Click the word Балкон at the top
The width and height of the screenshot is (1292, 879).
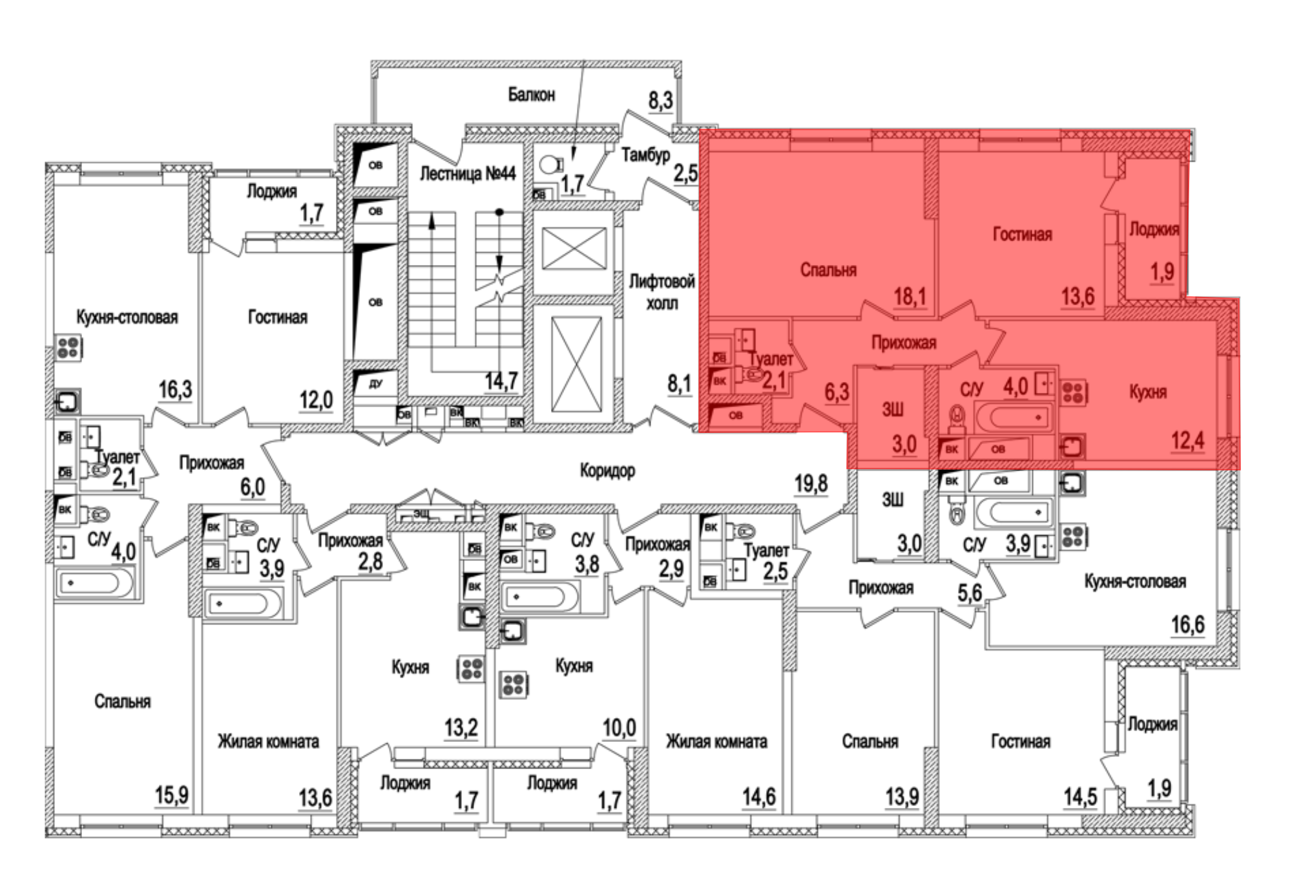tap(531, 95)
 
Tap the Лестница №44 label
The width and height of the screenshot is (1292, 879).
tap(468, 173)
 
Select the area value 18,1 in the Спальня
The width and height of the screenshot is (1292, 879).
tap(910, 297)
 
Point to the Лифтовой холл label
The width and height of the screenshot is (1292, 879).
tap(662, 291)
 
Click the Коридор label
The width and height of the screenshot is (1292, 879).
tap(607, 471)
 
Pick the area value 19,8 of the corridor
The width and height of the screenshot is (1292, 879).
tap(811, 483)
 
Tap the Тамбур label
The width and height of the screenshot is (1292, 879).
tap(645, 155)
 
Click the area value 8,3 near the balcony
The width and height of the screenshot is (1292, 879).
tap(661, 101)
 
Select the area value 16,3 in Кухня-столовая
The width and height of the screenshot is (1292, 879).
tap(176, 390)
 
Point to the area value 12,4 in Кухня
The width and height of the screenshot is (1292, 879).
tap(1188, 441)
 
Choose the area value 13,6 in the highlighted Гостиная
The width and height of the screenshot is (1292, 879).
tap(1078, 297)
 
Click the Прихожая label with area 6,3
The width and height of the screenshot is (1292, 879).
tap(904, 343)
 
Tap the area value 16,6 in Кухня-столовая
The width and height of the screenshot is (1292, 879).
tap(1188, 625)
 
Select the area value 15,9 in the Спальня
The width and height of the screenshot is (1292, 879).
tap(171, 795)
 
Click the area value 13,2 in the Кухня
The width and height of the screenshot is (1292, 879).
tap(461, 728)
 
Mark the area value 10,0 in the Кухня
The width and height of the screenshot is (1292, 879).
tap(620, 728)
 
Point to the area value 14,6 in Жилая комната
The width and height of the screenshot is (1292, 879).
tap(758, 797)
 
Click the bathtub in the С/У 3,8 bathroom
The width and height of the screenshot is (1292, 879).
tap(540, 596)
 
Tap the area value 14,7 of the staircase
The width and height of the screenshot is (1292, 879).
tap(501, 381)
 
